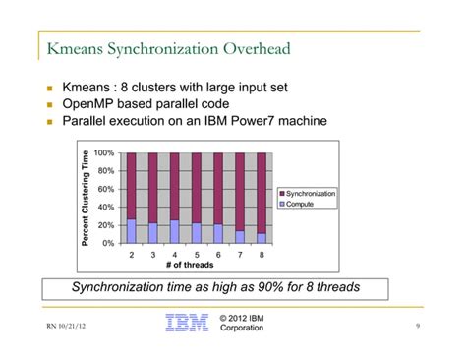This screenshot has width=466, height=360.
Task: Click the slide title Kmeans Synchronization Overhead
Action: click(168, 48)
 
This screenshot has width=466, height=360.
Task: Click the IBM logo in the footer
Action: click(187, 323)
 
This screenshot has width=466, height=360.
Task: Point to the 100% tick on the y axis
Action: click(104, 153)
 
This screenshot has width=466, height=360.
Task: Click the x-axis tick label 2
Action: click(132, 254)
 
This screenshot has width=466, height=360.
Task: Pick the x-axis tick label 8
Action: click(262, 254)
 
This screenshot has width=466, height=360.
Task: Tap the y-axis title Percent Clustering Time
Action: click(87, 198)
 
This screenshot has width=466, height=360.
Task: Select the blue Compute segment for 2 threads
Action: click(132, 230)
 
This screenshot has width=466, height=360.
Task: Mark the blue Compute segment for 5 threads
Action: click(197, 232)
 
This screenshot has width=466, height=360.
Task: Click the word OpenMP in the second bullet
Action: click(91, 104)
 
